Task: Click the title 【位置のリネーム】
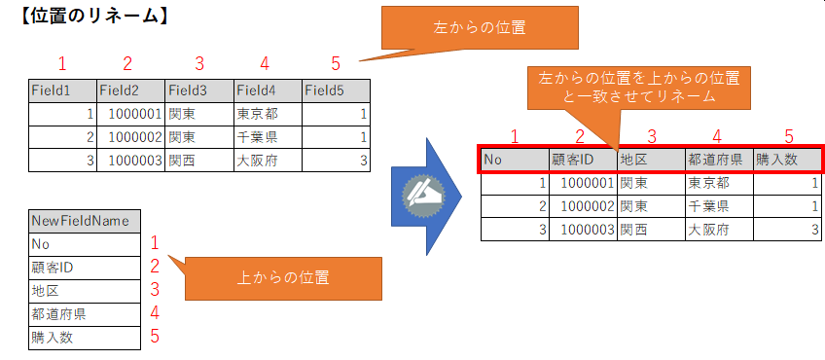coord(82,16)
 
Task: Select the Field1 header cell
coord(61,90)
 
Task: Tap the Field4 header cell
coord(267,90)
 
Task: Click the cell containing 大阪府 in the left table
coord(267,161)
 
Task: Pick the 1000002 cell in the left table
coord(130,137)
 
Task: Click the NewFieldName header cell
coord(86,221)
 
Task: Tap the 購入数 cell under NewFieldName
coord(86,338)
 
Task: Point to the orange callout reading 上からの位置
coord(283,277)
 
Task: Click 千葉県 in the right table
coord(718,206)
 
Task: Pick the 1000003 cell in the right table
coord(582,230)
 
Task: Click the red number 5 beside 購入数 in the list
coord(154,338)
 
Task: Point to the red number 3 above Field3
coord(199,64)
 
